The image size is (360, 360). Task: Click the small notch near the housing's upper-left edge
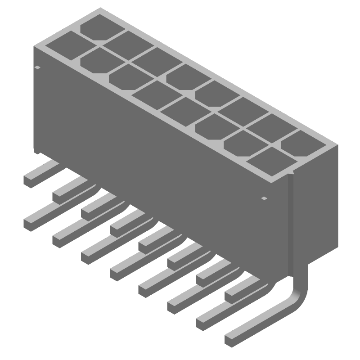pos(37,67)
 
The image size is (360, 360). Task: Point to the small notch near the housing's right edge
pos(264,198)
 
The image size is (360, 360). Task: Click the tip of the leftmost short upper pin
pos(30,180)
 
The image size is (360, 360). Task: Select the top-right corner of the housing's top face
pos(337,145)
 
